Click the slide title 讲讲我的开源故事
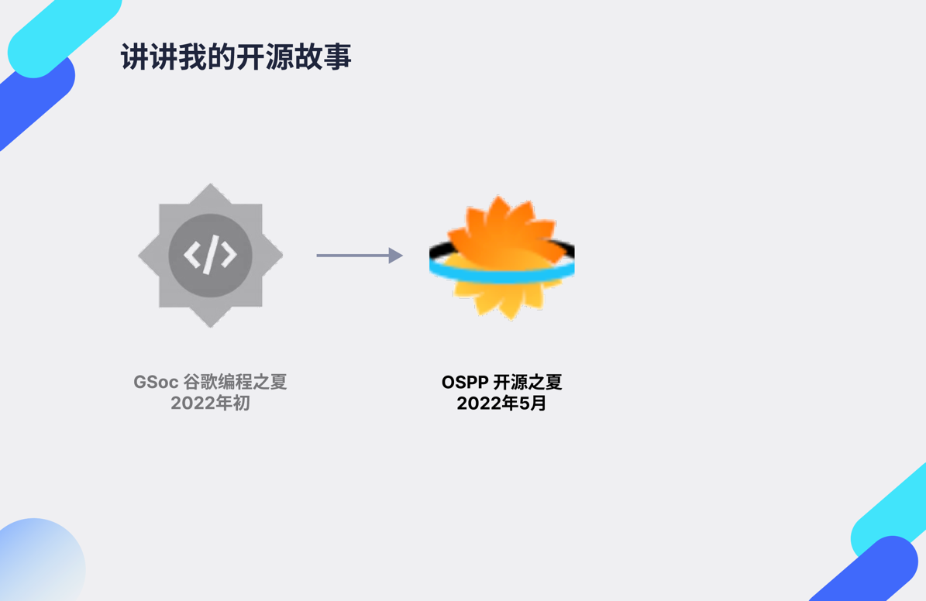236,57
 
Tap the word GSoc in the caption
156,383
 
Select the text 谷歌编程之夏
235,383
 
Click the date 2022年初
210,404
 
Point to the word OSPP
465,383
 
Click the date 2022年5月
501,404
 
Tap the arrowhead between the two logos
395,256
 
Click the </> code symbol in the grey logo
210,255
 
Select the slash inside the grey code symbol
210,255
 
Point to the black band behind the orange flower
439,249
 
